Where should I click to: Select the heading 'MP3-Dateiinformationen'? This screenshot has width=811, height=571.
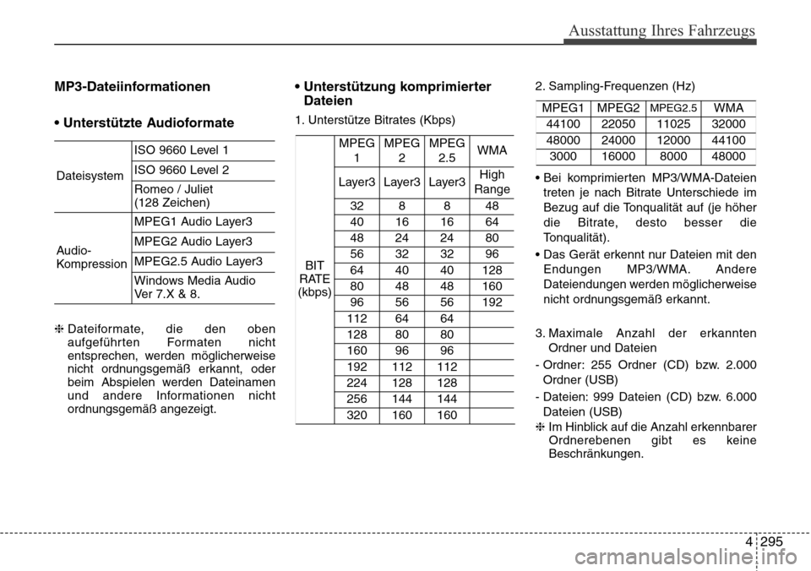133,86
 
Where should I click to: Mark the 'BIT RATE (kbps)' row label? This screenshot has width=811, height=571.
314,278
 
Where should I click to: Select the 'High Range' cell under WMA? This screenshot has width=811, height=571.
492,182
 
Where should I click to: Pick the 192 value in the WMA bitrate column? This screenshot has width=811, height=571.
492,302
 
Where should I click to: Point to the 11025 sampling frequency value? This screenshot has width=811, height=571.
673,124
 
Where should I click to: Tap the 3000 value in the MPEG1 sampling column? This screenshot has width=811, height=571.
565,156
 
